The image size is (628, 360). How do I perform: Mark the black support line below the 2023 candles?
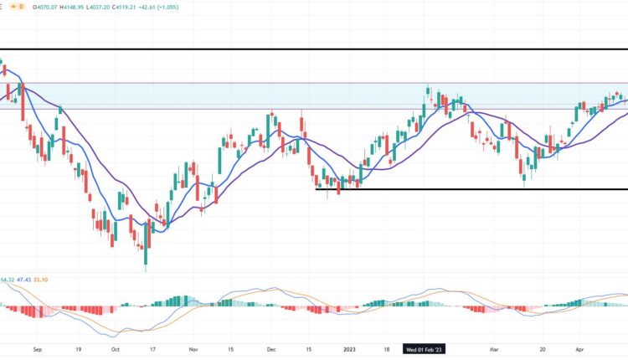469,189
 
